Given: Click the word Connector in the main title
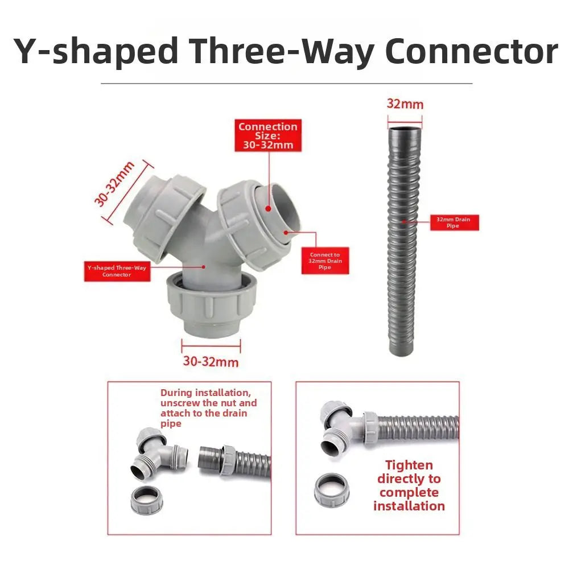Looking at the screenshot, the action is [x=471, y=51].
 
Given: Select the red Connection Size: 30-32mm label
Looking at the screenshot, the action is [x=268, y=135].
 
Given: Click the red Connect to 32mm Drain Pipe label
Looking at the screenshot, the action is [x=325, y=261].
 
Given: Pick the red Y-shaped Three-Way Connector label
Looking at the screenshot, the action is [x=117, y=271].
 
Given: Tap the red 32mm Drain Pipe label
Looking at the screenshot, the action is [x=454, y=222].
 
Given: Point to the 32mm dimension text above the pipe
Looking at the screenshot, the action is [x=405, y=104].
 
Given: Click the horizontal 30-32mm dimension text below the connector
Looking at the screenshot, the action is [x=211, y=361].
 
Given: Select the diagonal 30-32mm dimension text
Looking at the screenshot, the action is [x=114, y=184].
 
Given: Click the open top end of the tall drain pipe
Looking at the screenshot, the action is [x=405, y=129].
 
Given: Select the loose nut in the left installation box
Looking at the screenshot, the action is [x=147, y=500].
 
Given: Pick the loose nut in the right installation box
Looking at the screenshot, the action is [x=332, y=490].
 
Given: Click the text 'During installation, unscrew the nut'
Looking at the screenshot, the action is [x=208, y=398].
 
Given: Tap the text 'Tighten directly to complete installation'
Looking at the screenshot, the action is [x=409, y=485].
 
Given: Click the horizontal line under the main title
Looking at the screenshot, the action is [x=287, y=84].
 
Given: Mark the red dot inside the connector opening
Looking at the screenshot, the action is [x=268, y=209].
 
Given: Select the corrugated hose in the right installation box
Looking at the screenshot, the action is [x=417, y=428].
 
